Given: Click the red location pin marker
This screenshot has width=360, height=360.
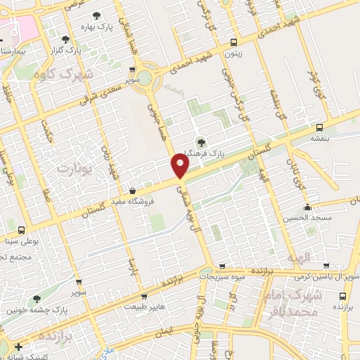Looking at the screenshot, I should pos(180,166).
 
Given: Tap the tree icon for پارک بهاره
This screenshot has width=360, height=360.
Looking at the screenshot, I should pos(96,15).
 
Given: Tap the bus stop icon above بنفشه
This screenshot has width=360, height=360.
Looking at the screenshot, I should pos(320,127).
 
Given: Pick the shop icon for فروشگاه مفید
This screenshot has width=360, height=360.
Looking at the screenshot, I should pos(132,191).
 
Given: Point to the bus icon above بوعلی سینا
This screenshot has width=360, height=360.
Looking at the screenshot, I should pos(21,230).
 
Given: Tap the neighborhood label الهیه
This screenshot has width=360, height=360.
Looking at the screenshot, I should pos(298,259).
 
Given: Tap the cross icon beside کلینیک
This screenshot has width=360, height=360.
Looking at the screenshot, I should pos(18,347).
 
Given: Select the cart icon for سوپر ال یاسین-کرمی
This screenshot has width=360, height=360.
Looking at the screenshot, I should pos(326,266).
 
